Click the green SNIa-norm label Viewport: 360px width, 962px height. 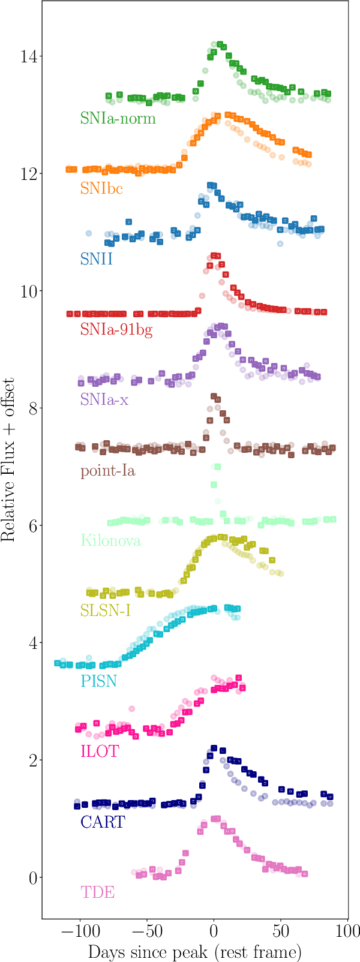click(118, 118)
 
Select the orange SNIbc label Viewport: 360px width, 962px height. click(101, 189)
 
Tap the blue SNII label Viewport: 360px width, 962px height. click(97, 259)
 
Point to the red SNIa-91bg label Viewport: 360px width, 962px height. click(116, 329)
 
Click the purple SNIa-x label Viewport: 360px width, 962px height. click(104, 400)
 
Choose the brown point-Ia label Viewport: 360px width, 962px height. click(108, 471)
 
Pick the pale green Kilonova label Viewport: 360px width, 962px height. click(110, 541)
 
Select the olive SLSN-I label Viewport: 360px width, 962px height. click(106, 611)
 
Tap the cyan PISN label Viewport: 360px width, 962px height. click(99, 682)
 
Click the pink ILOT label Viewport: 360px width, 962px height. click(100, 751)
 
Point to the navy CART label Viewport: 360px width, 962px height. click(103, 822)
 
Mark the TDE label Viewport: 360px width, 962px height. click(97, 892)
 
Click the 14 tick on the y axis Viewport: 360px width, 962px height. click(26, 57)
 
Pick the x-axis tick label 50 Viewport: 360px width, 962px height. click(280, 932)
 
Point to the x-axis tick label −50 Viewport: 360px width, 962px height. click(146, 932)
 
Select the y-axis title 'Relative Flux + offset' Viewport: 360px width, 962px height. click(8, 459)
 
